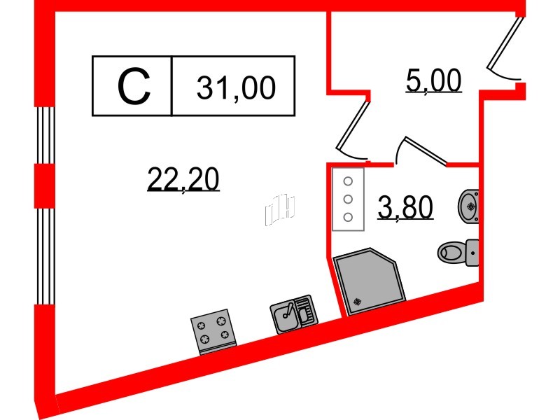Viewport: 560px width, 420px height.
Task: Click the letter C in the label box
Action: point(132,86)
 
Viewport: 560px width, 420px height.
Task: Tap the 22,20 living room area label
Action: point(183,180)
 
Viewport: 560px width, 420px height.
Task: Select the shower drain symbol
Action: point(358,302)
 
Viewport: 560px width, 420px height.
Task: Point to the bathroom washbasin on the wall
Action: point(469,205)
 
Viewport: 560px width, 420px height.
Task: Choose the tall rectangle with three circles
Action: point(348,199)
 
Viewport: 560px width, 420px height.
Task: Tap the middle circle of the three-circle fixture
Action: point(347,199)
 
